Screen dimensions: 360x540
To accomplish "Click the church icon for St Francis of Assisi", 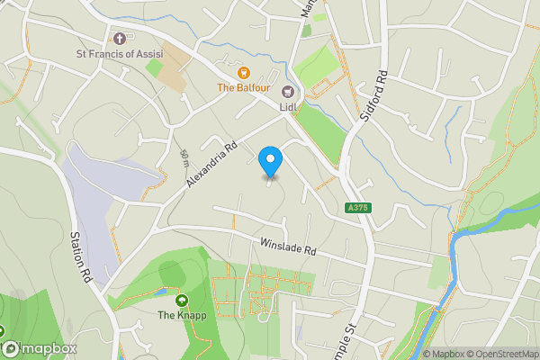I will pyautogui.click(x=121, y=38).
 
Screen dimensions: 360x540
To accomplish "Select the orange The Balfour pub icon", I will pyautogui.click(x=242, y=72).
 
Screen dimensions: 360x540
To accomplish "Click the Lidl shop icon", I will pyautogui.click(x=288, y=91).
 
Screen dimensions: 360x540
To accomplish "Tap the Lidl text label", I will pyautogui.click(x=288, y=106).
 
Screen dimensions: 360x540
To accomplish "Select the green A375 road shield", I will pyautogui.click(x=358, y=208).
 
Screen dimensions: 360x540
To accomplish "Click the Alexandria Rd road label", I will pyautogui.click(x=211, y=164).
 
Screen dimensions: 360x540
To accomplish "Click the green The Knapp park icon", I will pyautogui.click(x=182, y=301).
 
